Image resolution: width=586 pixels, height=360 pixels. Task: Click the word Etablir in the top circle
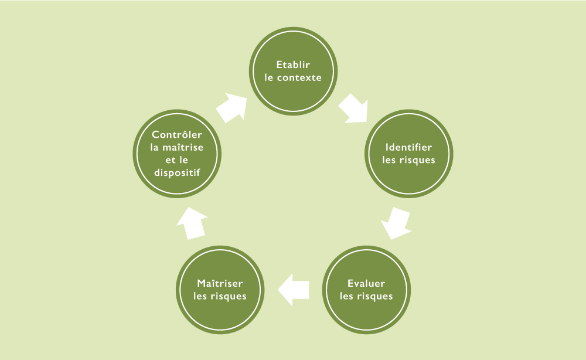point(293,64)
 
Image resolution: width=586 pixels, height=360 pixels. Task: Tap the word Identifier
point(408,147)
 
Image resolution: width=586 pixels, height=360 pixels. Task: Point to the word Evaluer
point(366,283)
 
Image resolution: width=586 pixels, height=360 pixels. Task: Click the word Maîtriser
point(220,283)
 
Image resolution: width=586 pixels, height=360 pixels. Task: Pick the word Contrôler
point(177,135)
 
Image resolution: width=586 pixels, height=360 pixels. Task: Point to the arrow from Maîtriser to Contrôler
point(192,223)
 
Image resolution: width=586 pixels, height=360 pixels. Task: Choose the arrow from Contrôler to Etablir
point(231,107)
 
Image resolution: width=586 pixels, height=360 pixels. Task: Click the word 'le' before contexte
point(269,77)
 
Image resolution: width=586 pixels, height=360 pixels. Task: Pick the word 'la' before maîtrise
point(155,147)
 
